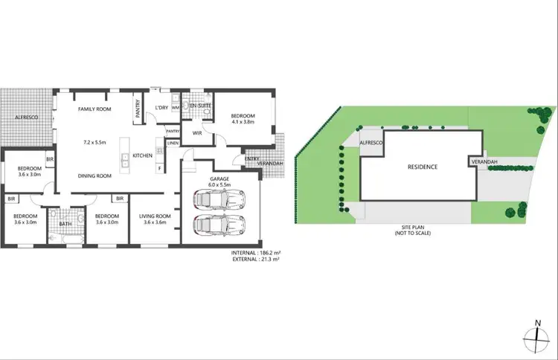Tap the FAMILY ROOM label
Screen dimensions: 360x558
pos(94,109)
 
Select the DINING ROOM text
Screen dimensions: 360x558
pos(94,176)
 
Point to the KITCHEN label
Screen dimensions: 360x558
pos(142,155)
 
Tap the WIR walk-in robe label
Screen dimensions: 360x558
pos(198,133)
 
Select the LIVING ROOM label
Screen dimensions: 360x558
pos(155,216)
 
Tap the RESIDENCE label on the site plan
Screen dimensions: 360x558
pos(422,167)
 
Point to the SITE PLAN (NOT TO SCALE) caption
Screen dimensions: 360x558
pos(413,231)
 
